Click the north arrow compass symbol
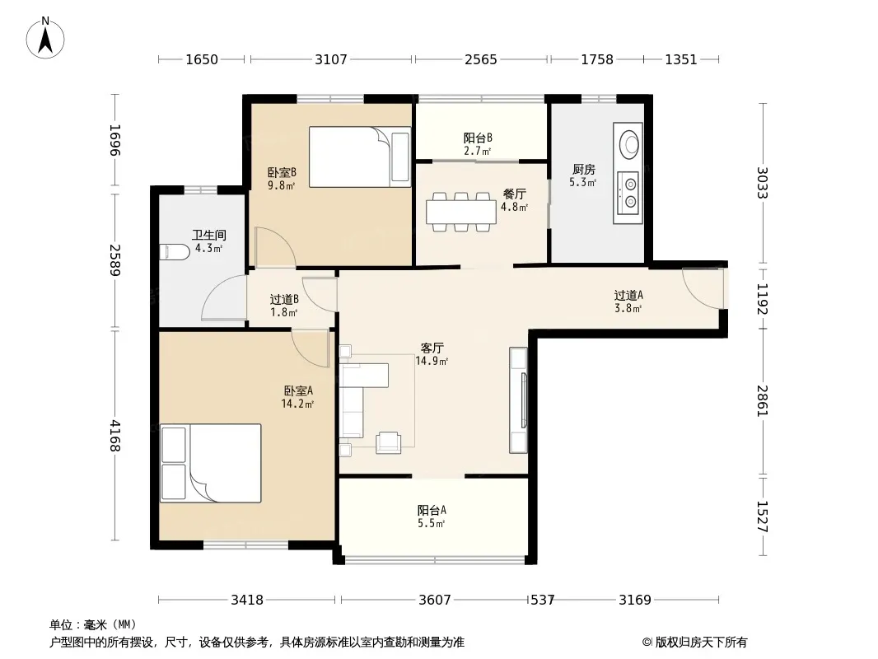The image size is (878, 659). pyautogui.click(x=45, y=38)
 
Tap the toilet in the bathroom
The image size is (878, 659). pyautogui.click(x=174, y=252)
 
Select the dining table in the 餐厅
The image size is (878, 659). pyautogui.click(x=461, y=212)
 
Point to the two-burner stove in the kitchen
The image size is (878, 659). pyautogui.click(x=628, y=192)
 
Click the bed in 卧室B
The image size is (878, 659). pyautogui.click(x=359, y=157)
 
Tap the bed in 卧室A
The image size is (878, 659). pyautogui.click(x=211, y=463)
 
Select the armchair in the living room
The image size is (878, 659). pyautogui.click(x=388, y=442)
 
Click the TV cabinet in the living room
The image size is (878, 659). pyautogui.click(x=518, y=400)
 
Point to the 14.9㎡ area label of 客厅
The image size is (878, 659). pyautogui.click(x=431, y=361)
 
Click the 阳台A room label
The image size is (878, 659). pyautogui.click(x=432, y=510)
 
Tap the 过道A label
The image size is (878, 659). pyautogui.click(x=628, y=295)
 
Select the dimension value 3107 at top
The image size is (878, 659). pyautogui.click(x=331, y=59)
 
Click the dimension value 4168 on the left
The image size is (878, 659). pyautogui.click(x=114, y=436)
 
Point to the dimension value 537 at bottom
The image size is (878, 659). pyautogui.click(x=542, y=601)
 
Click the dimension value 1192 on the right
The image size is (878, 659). pyautogui.click(x=762, y=298)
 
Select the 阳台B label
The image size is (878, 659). pyautogui.click(x=478, y=138)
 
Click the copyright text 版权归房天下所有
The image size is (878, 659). pyautogui.click(x=701, y=643)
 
